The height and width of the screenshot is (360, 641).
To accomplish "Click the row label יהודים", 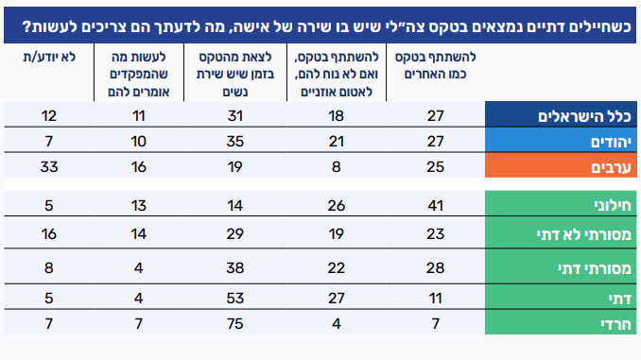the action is (611, 142).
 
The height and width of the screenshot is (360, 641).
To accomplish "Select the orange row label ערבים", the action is (611, 167).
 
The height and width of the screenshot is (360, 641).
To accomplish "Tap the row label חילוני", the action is (613, 205).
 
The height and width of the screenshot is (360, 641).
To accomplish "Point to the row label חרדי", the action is (616, 324).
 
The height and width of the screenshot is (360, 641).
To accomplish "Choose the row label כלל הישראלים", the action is (584, 116).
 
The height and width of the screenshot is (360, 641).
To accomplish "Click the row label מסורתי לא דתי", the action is (583, 234).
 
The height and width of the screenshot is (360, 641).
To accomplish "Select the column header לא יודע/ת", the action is (49, 58).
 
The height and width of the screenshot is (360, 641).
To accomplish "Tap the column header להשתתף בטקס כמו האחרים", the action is (436, 65).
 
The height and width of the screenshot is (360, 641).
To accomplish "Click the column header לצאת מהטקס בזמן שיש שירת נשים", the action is (235, 74).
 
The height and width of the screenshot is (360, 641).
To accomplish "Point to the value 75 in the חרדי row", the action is (235, 324).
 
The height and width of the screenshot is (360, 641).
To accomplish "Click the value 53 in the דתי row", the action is (235, 299).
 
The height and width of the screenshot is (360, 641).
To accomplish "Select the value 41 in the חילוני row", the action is (436, 205).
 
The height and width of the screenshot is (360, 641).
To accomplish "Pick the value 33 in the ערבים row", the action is (49, 167).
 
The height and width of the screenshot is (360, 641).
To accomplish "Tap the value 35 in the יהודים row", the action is (235, 142).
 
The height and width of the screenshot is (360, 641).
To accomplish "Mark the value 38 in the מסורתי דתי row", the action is (235, 268).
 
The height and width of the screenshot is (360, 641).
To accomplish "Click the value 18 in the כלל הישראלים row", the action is (336, 116).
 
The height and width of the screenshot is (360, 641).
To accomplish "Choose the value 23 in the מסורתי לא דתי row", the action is (436, 234).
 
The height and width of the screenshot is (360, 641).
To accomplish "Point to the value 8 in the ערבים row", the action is (336, 167).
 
